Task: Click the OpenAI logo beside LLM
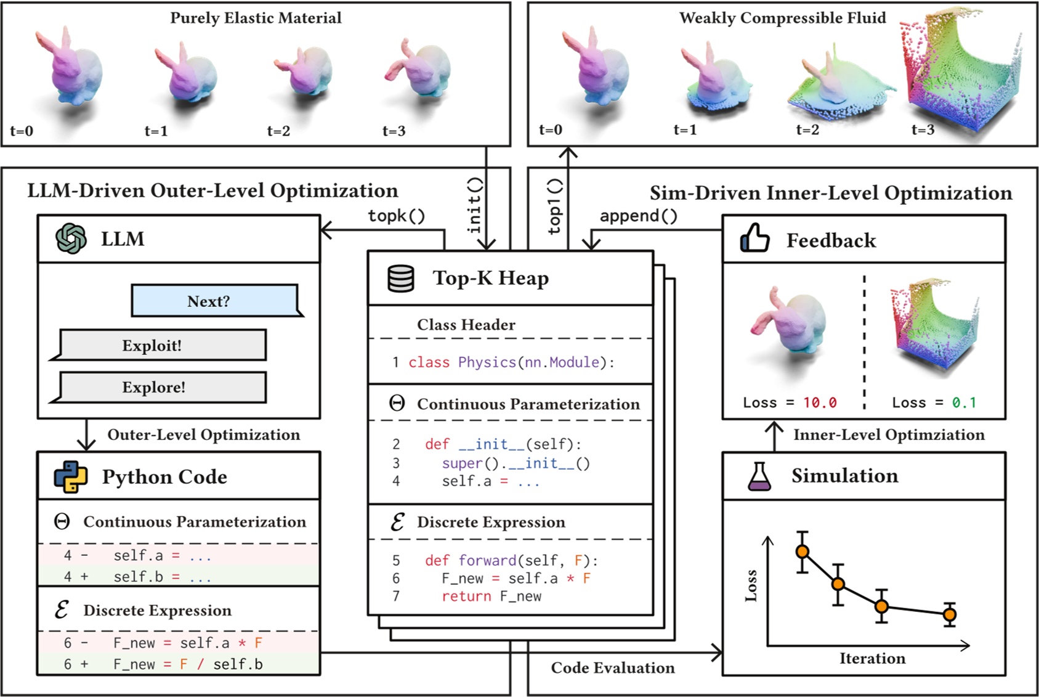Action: tap(71, 238)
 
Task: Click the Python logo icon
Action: tap(70, 477)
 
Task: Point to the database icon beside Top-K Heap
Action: tap(400, 279)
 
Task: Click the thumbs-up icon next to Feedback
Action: tap(754, 238)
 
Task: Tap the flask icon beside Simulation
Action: tap(759, 476)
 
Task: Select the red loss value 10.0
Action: tap(820, 402)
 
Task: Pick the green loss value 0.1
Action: tap(964, 402)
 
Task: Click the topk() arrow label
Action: tap(397, 216)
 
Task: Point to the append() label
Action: tap(638, 216)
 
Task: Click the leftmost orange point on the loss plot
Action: tap(802, 552)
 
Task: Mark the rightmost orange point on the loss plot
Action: tap(950, 614)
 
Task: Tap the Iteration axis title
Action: tap(872, 658)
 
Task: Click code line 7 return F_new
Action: tap(491, 596)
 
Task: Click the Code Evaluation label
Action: tap(612, 667)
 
